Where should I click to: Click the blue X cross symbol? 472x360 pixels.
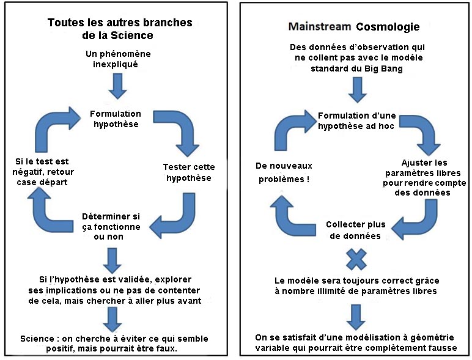(x=356, y=259)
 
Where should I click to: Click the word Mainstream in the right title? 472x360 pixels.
(x=320, y=26)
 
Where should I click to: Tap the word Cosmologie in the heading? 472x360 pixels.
(x=388, y=27)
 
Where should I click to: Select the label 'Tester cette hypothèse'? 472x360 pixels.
(x=189, y=172)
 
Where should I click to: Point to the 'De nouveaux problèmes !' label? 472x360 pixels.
(x=284, y=172)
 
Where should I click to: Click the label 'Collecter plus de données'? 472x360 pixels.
(x=355, y=230)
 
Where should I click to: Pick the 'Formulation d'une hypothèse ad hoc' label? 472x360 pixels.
(x=356, y=120)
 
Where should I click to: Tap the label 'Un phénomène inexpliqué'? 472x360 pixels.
(x=118, y=59)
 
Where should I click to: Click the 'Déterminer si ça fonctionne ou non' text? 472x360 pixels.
(x=111, y=226)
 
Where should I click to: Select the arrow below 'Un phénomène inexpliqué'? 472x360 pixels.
(x=117, y=86)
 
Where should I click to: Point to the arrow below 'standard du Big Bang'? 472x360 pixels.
(x=357, y=90)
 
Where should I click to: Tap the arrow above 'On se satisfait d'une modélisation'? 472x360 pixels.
(x=356, y=317)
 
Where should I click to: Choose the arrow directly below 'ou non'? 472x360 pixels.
(x=112, y=260)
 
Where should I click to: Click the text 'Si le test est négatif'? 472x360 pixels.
(x=43, y=166)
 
